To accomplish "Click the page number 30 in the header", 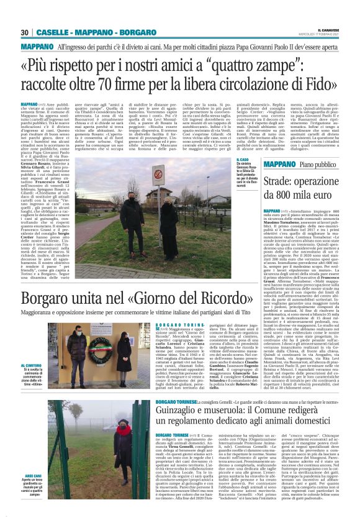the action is coord(25,32).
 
